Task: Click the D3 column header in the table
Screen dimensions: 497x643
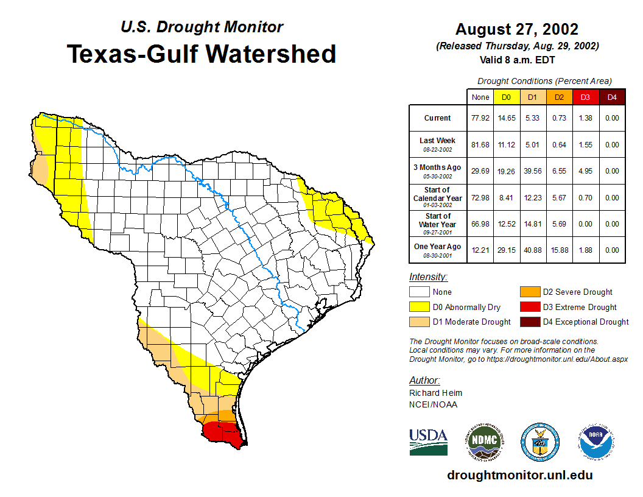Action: (585, 97)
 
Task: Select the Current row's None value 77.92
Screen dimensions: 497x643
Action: (480, 118)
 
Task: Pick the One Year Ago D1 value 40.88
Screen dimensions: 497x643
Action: (532, 250)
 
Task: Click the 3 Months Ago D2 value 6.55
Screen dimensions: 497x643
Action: (559, 171)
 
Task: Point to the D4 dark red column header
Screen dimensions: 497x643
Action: (612, 97)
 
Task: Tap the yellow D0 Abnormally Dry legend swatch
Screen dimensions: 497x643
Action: (419, 307)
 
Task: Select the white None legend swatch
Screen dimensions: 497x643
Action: (419, 292)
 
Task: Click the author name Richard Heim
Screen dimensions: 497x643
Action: (435, 393)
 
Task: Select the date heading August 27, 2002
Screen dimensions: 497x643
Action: (517, 29)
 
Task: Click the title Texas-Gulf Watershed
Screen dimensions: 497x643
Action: (201, 54)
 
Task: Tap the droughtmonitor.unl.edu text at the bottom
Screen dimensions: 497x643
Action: (519, 475)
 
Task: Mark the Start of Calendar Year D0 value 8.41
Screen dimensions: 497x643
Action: (506, 197)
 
